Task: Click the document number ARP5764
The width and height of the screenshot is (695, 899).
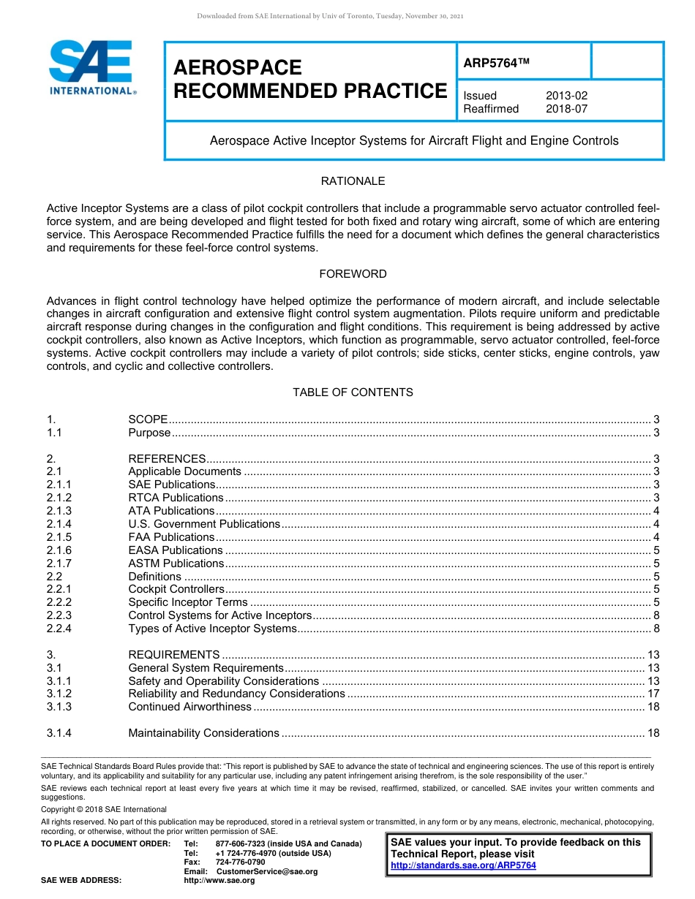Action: (x=495, y=64)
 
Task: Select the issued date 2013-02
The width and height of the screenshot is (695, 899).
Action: (x=566, y=96)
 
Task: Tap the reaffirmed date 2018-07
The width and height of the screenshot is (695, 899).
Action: (x=566, y=109)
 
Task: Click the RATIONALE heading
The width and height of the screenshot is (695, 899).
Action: (x=353, y=181)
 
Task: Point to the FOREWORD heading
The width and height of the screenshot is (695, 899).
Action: (x=353, y=274)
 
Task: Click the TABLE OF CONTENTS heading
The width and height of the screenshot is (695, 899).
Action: (x=353, y=392)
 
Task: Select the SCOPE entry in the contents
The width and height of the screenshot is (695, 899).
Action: (x=148, y=420)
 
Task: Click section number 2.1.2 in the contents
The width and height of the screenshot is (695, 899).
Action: (x=59, y=498)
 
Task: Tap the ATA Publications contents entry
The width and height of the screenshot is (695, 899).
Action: (x=171, y=511)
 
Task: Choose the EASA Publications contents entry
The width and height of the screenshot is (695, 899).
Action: (x=176, y=550)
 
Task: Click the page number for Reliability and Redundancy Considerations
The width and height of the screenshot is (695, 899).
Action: (x=653, y=694)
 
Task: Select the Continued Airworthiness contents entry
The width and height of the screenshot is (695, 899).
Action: (x=189, y=707)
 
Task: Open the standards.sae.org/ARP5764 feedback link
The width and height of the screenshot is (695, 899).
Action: (x=463, y=865)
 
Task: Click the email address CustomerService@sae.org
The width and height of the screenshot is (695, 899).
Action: (x=266, y=871)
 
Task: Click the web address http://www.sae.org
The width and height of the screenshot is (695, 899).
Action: (x=219, y=881)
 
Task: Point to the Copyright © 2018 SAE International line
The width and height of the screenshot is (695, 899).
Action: (x=104, y=809)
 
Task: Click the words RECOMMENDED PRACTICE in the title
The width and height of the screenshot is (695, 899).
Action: (x=310, y=91)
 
